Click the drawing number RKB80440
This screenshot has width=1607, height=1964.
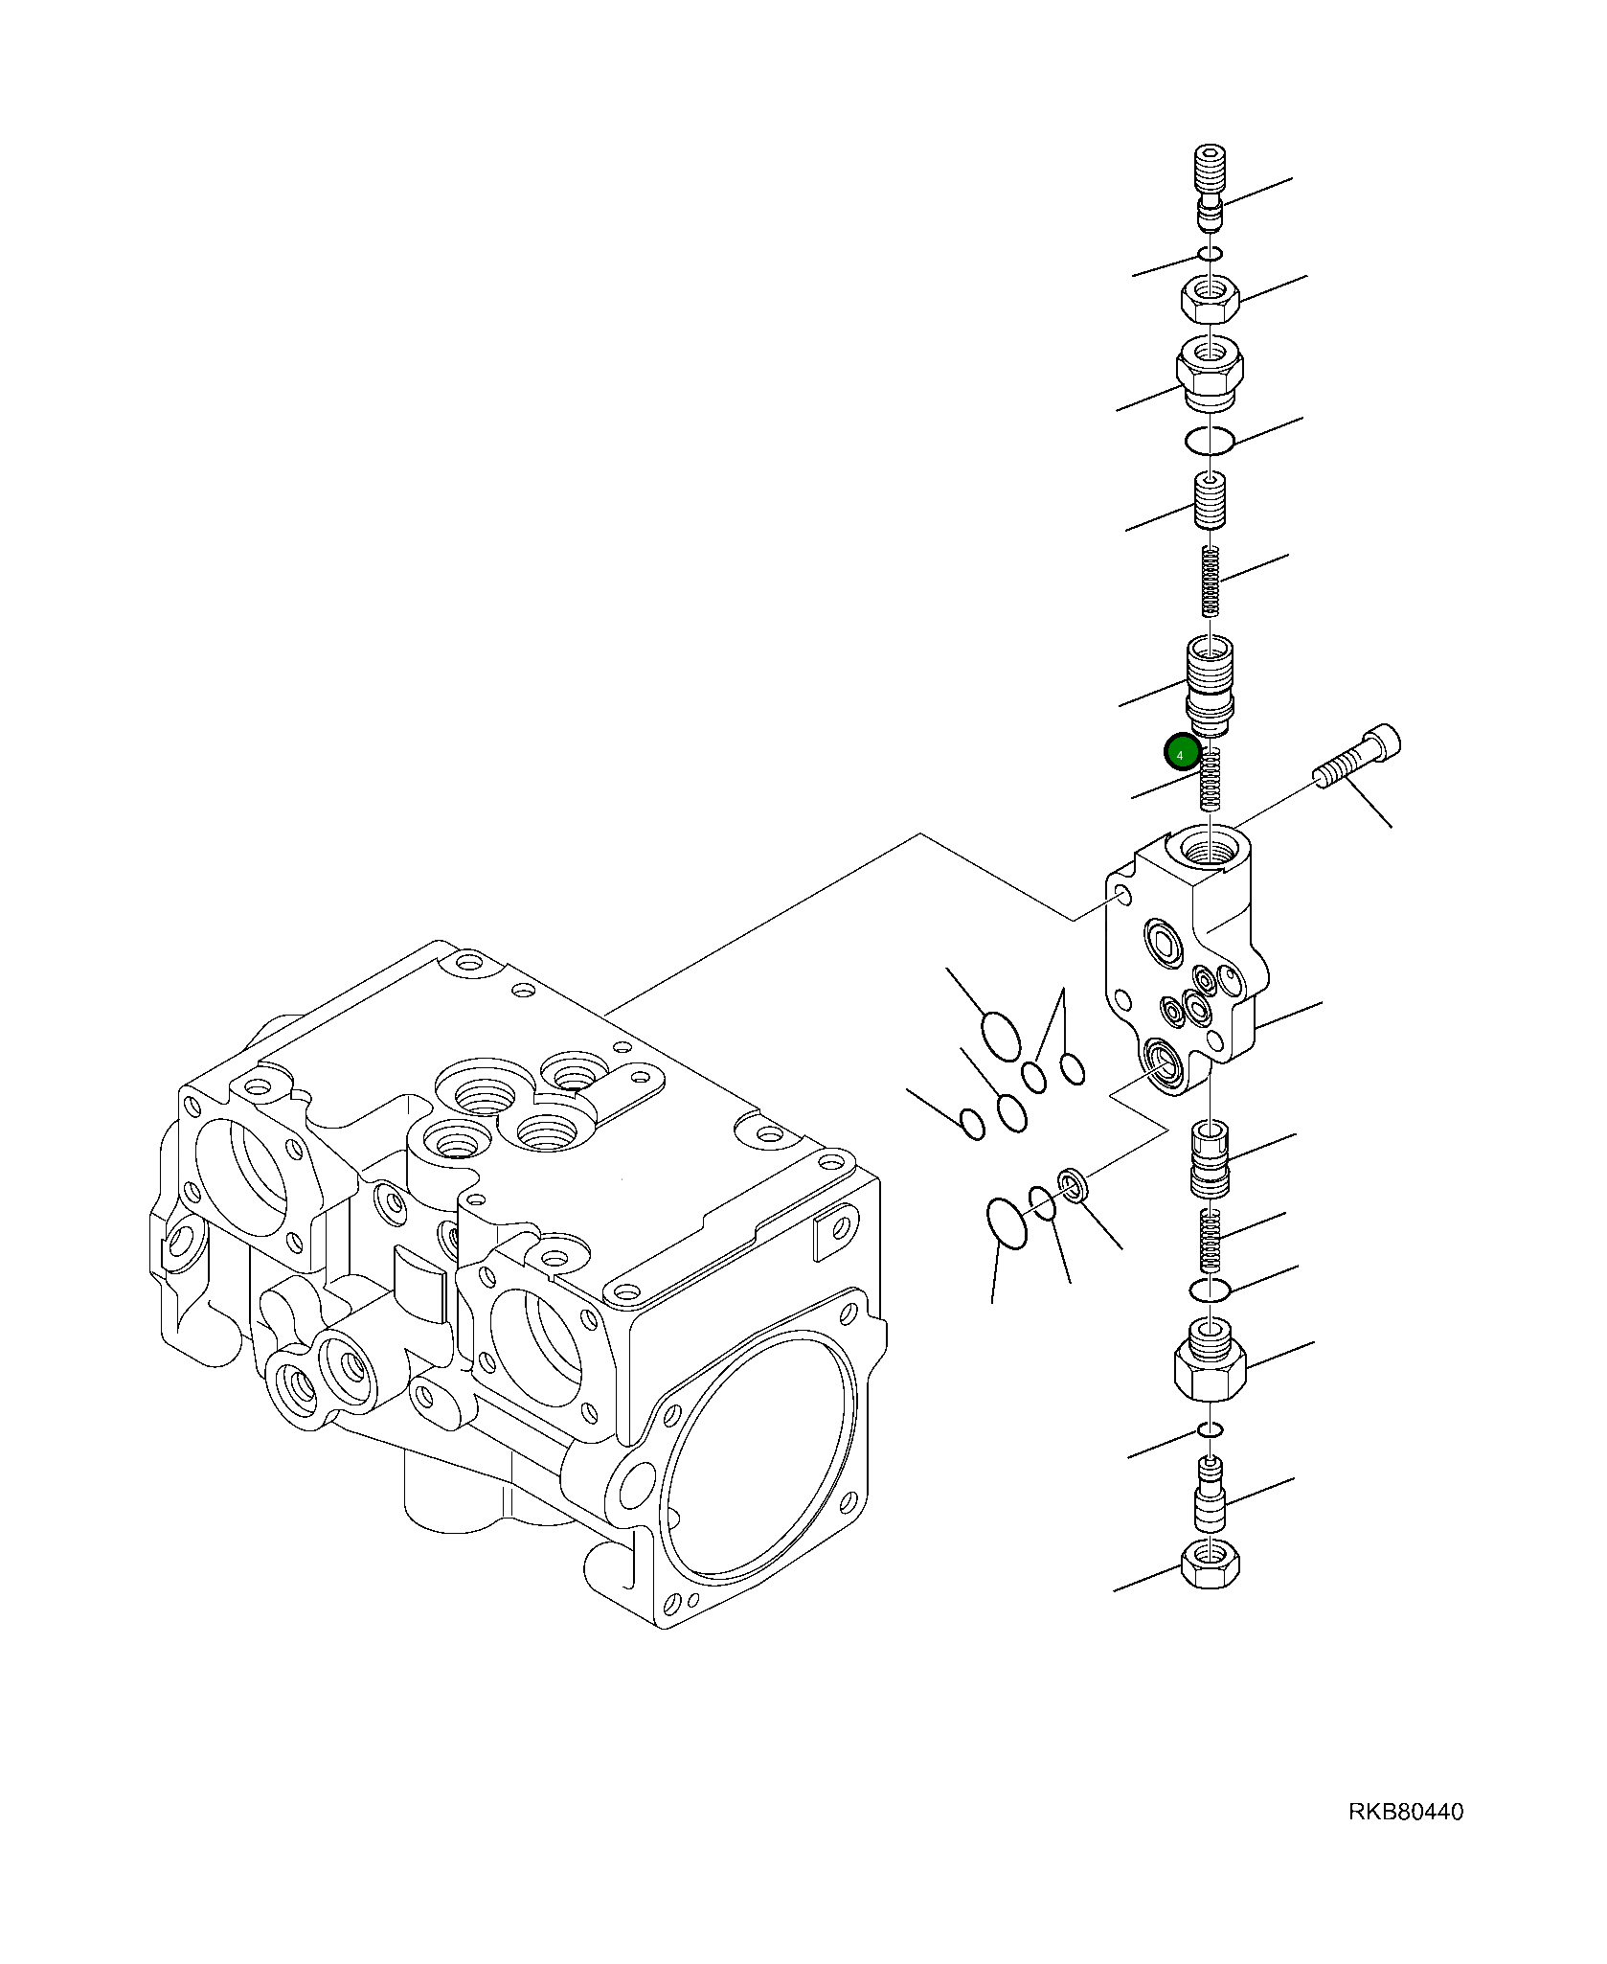1405,1812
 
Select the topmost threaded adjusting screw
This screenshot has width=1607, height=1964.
1211,187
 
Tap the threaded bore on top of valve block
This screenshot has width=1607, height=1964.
1211,849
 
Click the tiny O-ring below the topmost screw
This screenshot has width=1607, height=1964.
1211,255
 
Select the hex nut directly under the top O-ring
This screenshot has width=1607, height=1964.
1211,301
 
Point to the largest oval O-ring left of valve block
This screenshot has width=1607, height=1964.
1001,1036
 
